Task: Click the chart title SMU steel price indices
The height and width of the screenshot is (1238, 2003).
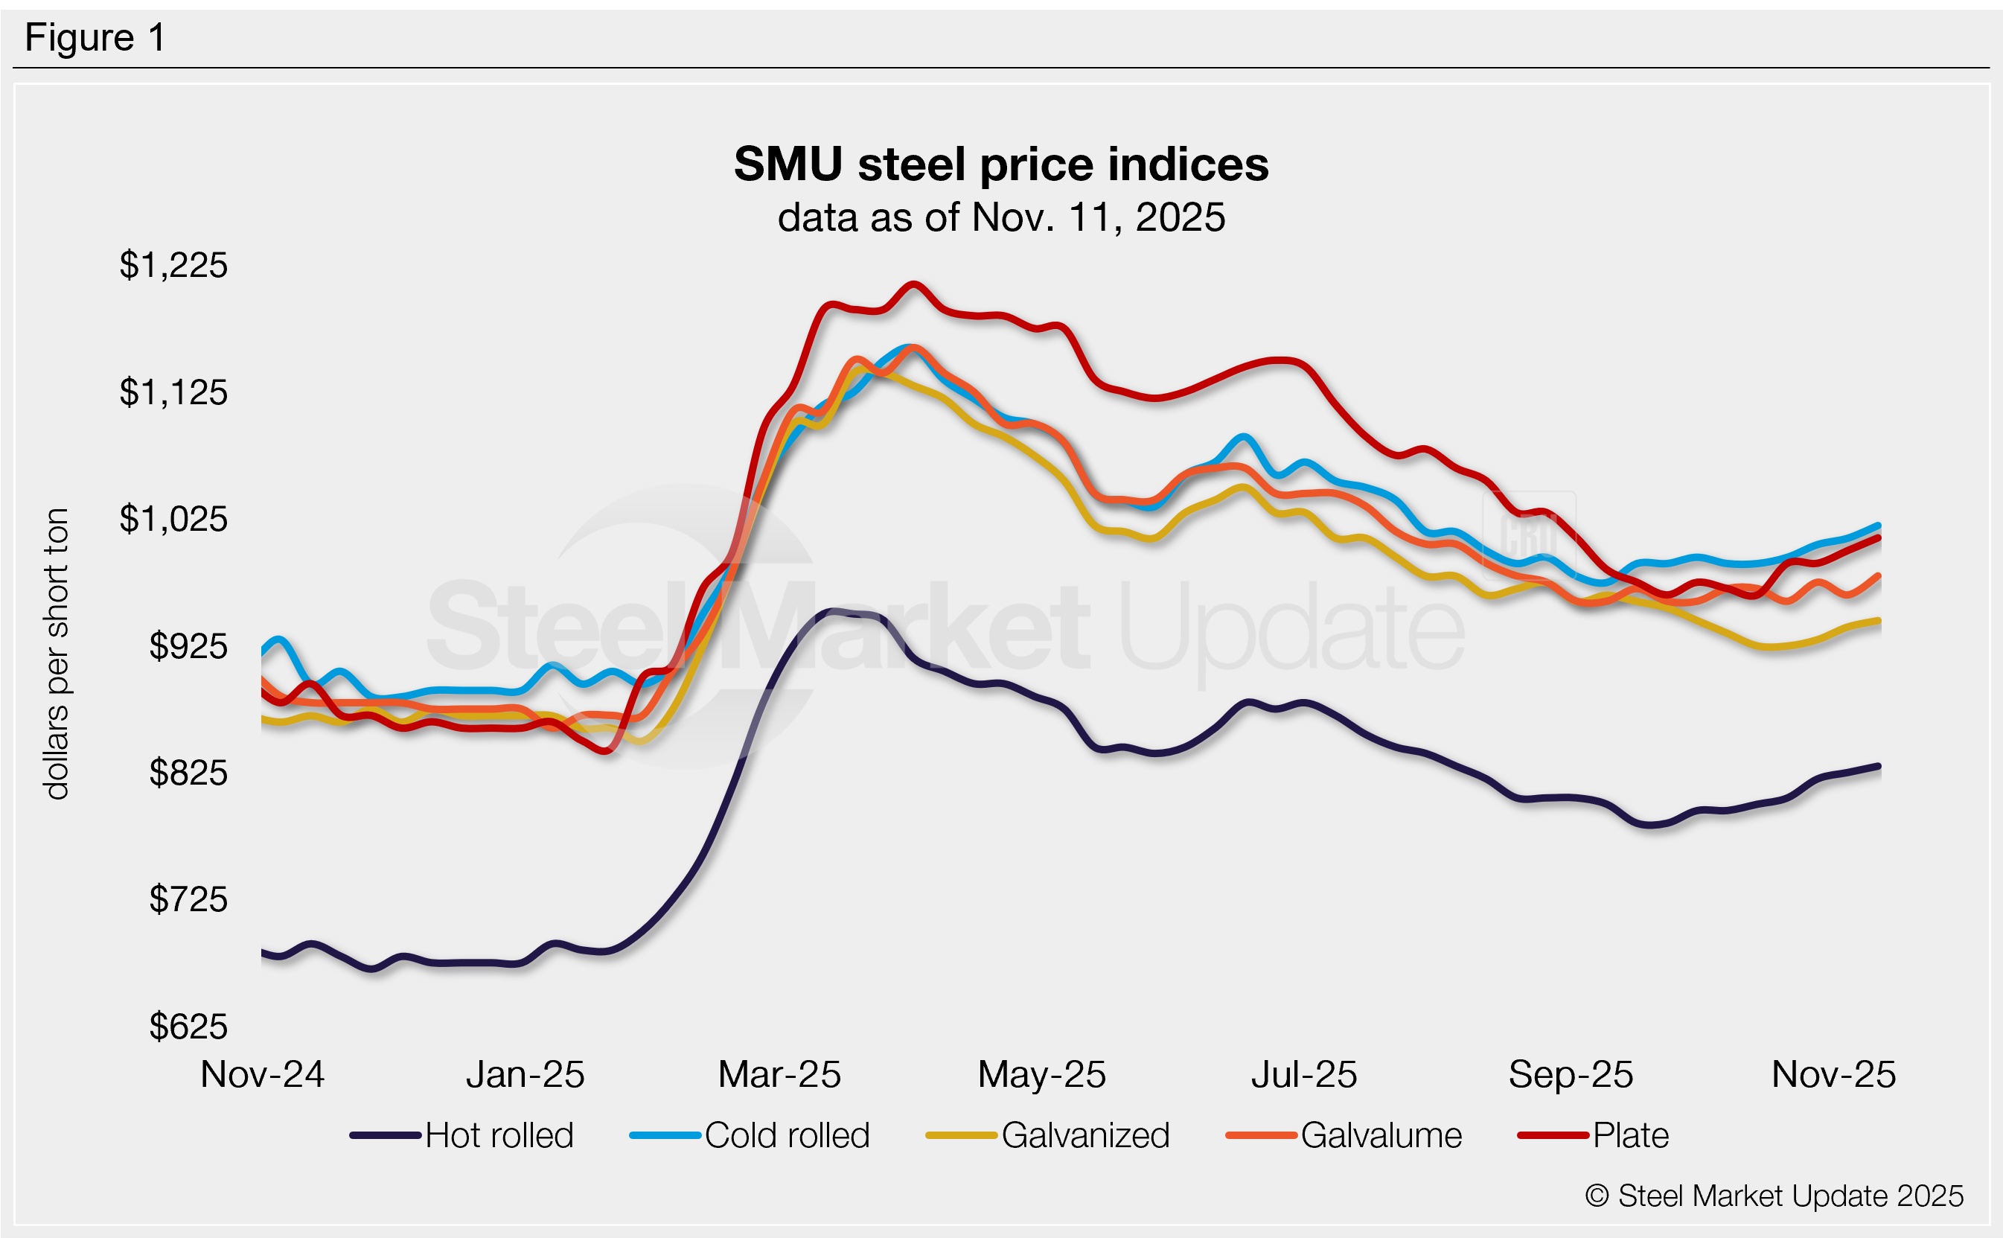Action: pyautogui.click(x=1000, y=165)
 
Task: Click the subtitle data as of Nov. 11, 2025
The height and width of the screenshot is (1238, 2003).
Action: pyautogui.click(x=1000, y=218)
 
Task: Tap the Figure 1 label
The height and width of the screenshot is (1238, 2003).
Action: pyautogui.click(x=95, y=38)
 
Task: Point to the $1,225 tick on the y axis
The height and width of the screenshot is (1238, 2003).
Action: pyautogui.click(x=173, y=265)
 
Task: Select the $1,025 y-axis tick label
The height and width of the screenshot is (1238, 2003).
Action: pyautogui.click(x=173, y=519)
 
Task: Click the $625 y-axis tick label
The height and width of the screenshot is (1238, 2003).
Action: pyautogui.click(x=188, y=1027)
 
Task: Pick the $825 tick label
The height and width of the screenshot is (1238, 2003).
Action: pyautogui.click(x=188, y=773)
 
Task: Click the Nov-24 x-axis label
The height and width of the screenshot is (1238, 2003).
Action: pyautogui.click(x=262, y=1074)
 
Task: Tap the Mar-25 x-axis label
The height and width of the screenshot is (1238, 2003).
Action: pyautogui.click(x=779, y=1074)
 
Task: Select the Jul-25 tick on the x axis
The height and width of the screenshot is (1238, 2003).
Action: pyautogui.click(x=1304, y=1074)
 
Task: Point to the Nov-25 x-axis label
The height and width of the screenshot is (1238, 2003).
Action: pyautogui.click(x=1833, y=1074)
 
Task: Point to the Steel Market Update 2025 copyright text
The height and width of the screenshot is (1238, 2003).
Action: pyautogui.click(x=1774, y=1196)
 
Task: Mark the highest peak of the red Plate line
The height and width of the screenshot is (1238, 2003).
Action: pyautogui.click(x=913, y=284)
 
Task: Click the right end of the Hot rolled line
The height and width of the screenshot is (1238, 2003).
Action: pyautogui.click(x=1879, y=766)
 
